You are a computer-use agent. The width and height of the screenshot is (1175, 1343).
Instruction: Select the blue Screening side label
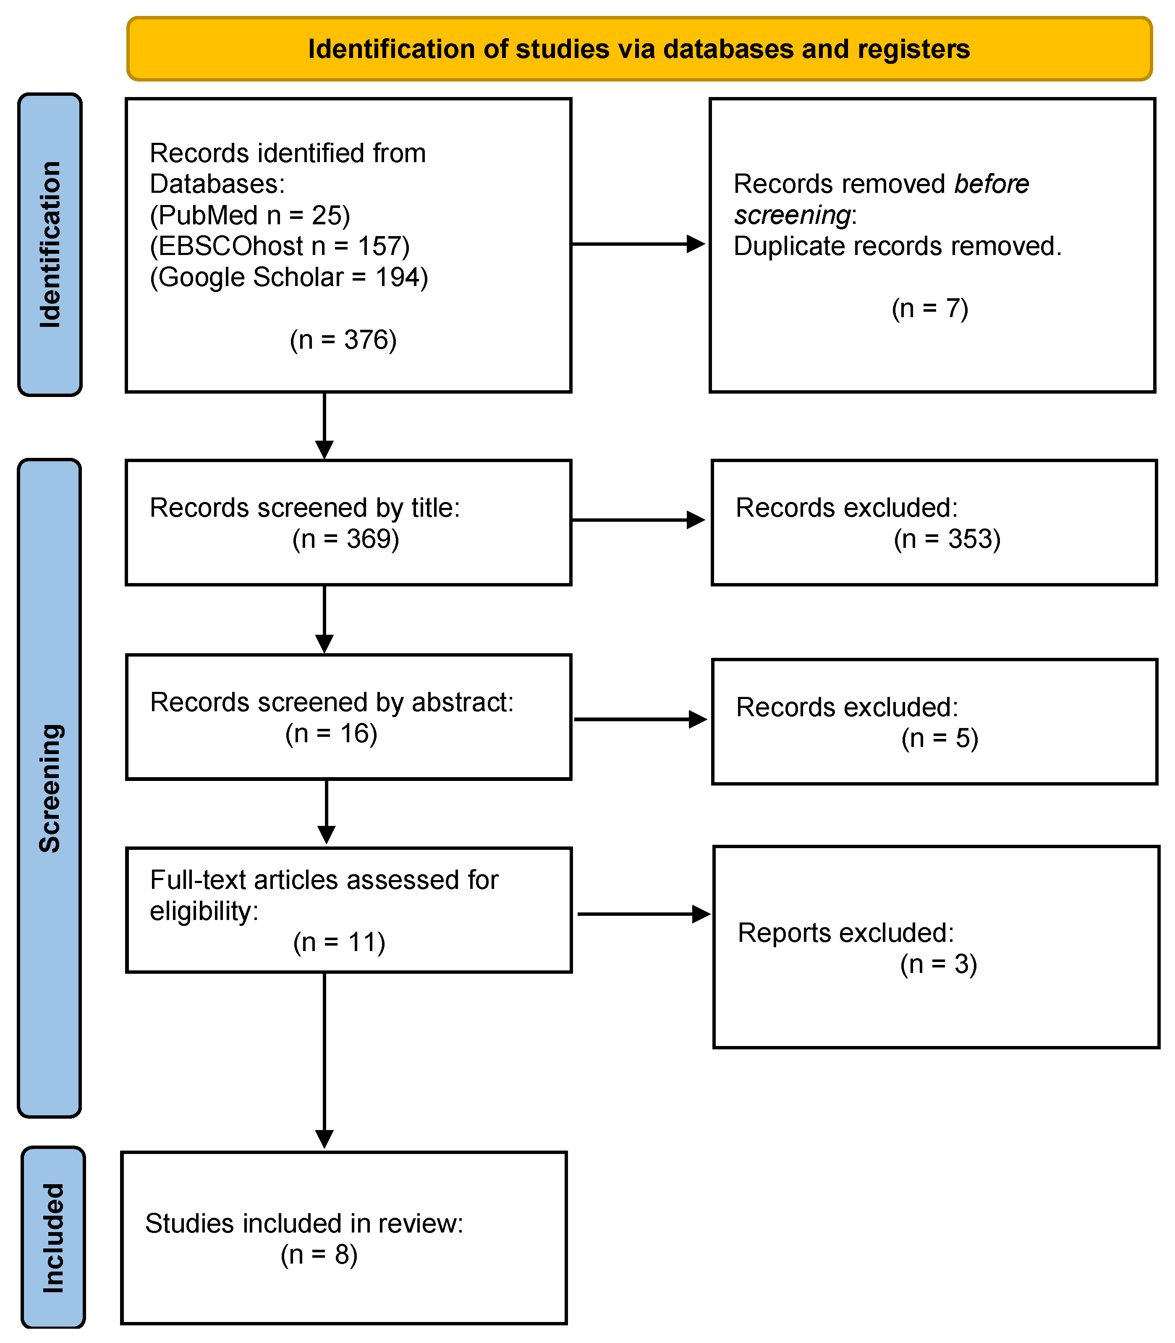pos(50,787)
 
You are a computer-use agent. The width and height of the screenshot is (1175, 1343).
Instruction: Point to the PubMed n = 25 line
pos(250,215)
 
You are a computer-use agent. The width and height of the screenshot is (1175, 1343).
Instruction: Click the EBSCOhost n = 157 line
pos(279,246)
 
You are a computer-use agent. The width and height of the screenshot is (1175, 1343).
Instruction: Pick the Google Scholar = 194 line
pos(288,277)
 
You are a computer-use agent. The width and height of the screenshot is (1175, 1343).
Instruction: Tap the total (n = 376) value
pos(343,340)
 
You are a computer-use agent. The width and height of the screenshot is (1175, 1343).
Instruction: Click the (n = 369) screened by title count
pos(345,539)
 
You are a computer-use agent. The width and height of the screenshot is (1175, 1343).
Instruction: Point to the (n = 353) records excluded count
pos(946,539)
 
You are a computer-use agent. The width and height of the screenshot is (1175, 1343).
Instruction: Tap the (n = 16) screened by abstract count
pos(331,733)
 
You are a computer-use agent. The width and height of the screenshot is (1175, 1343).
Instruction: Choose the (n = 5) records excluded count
pos(939,738)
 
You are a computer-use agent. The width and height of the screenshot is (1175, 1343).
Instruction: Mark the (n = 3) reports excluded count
pos(938,964)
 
